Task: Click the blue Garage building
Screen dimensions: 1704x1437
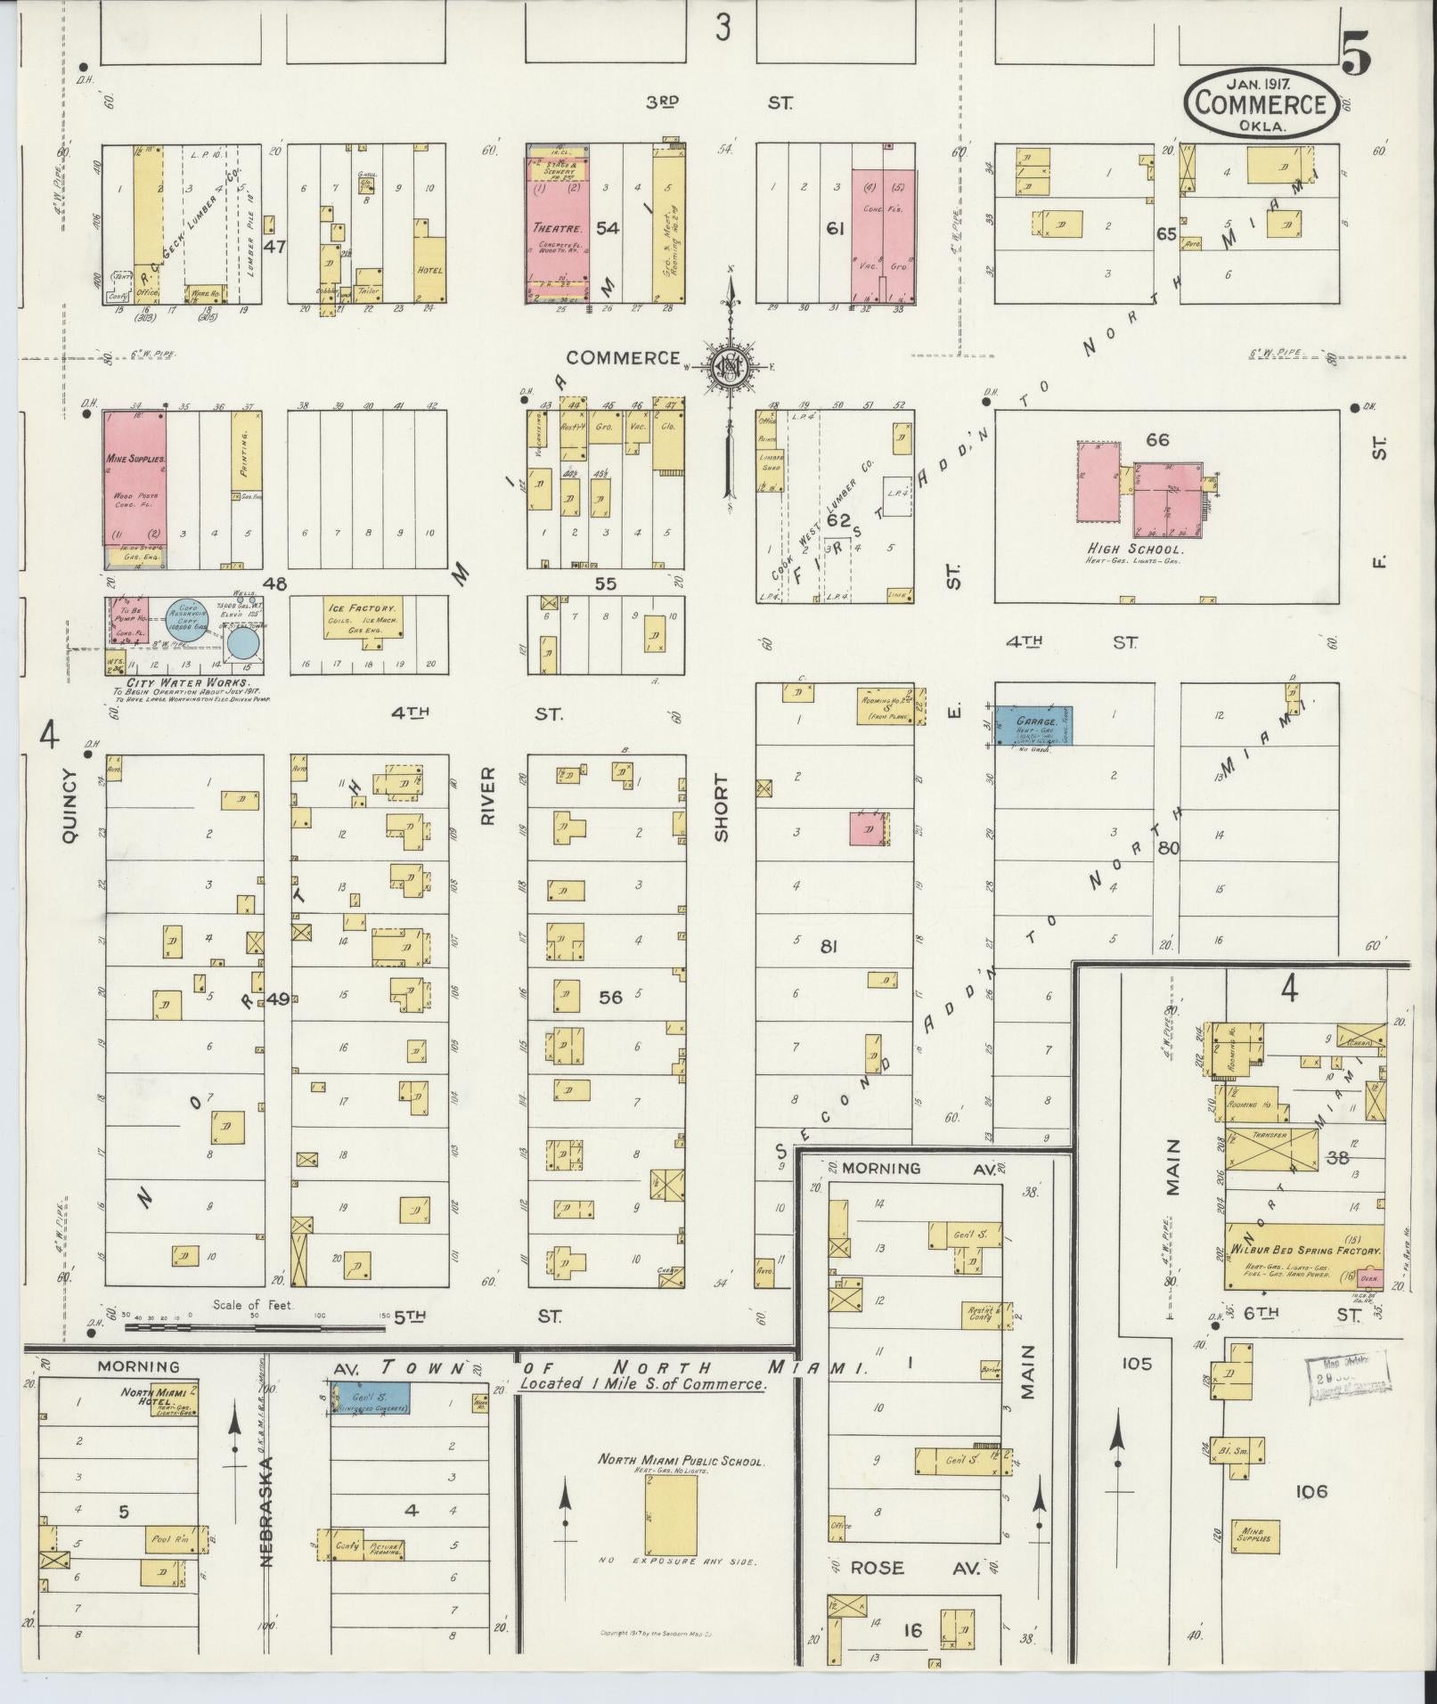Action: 1033,725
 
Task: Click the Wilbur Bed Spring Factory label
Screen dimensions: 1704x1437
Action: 1306,1252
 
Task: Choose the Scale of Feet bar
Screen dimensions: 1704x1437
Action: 254,1328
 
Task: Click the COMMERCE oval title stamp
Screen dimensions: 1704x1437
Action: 1260,104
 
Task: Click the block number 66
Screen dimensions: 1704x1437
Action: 1157,440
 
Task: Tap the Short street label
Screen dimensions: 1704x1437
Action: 721,808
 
